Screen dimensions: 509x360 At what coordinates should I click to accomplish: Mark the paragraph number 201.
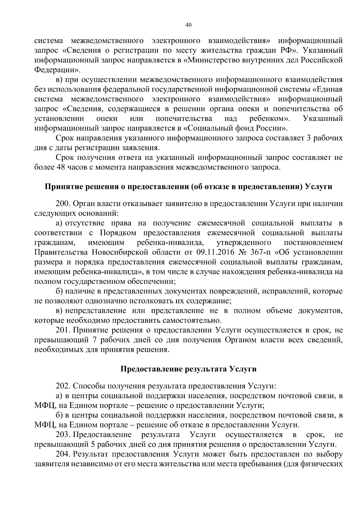pos(62,330)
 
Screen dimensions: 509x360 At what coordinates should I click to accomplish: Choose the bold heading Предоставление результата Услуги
pos(188,369)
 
